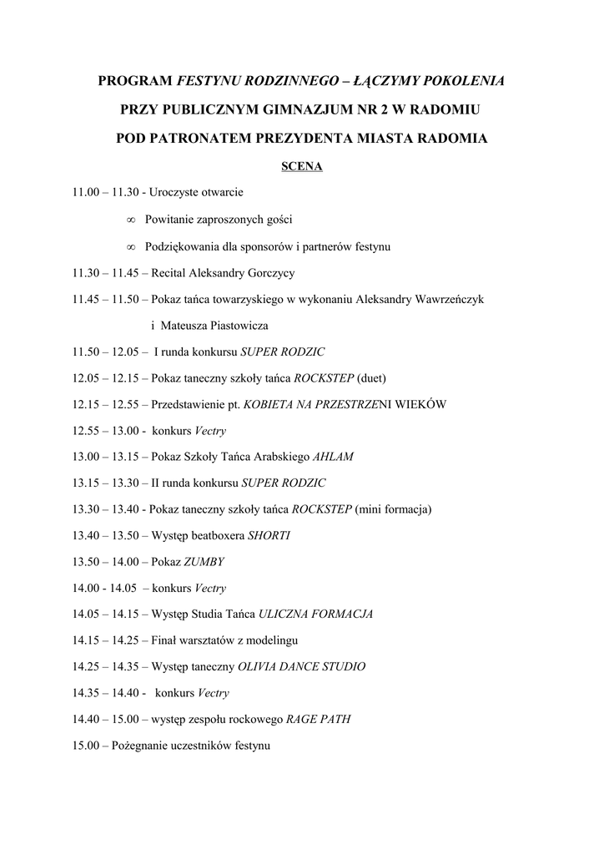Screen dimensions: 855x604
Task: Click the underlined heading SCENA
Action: [301, 165]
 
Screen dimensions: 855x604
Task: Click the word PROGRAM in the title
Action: [134, 81]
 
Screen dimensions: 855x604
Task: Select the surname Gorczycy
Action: [264, 273]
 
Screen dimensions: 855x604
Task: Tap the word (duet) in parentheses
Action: [371, 377]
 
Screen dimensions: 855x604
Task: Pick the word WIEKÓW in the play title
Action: [422, 404]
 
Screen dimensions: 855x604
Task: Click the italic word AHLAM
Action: [333, 457]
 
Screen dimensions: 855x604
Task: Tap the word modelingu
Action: [269, 640]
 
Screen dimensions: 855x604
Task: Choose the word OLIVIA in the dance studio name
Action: [259, 667]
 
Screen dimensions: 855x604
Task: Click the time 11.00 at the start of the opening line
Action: [86, 193]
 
